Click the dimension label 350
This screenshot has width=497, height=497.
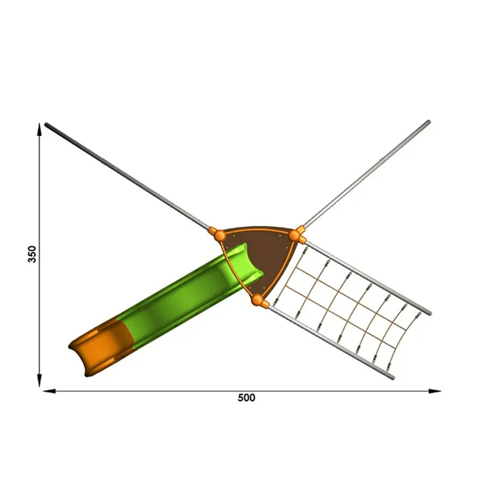click(x=32, y=254)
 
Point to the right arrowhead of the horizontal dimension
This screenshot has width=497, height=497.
click(x=435, y=391)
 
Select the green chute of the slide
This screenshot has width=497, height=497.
click(x=188, y=294)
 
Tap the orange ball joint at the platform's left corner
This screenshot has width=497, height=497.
click(x=220, y=235)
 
